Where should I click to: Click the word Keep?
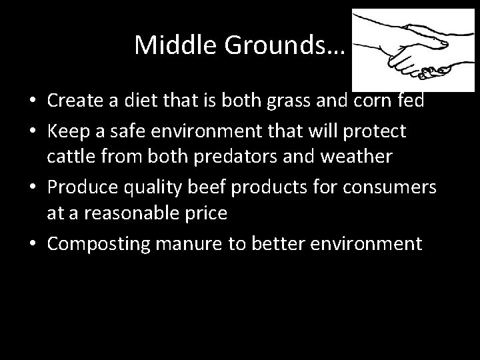pos(67,132)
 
